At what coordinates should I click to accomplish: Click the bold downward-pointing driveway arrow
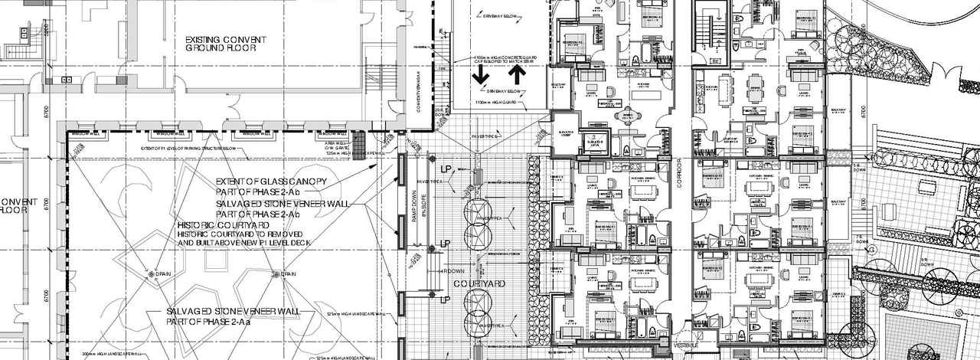[480, 74]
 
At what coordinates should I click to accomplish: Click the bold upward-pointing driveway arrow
[517, 74]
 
